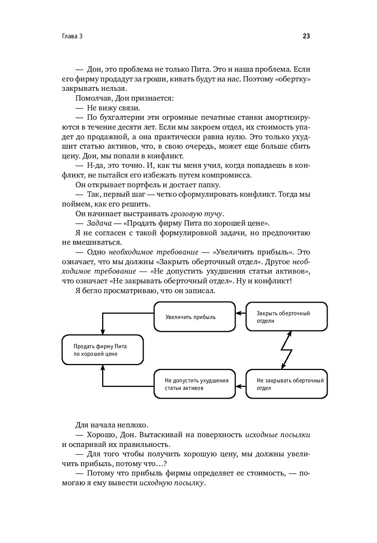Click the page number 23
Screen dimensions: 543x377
coord(306,37)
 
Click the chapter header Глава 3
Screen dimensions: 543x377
coord(72,37)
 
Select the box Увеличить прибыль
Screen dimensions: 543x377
coord(195,317)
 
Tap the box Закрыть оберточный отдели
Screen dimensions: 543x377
coord(287,317)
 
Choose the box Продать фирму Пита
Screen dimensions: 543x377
coord(103,350)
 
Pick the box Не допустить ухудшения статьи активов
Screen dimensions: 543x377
coord(195,384)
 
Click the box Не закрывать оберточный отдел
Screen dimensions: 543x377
coord(287,384)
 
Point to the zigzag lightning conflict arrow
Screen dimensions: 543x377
coord(287,350)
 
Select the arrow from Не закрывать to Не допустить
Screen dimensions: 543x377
coord(241,386)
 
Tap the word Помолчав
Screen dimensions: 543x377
coord(92,98)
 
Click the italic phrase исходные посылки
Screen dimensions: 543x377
coord(277,434)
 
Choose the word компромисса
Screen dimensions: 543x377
coord(226,175)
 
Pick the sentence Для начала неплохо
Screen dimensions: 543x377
coord(106,425)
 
